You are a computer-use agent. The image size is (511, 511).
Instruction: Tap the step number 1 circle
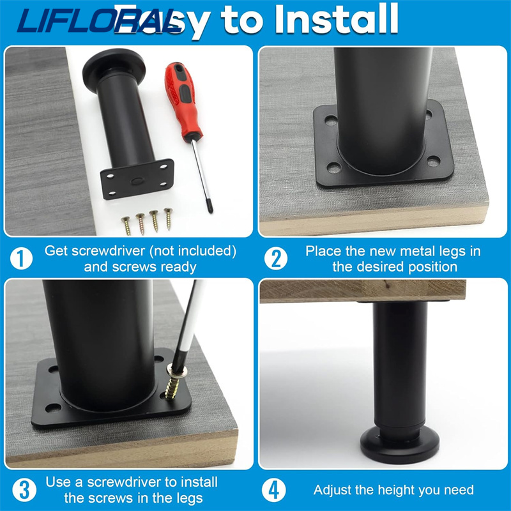[x=22, y=259]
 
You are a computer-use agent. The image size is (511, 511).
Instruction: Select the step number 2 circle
[x=276, y=259]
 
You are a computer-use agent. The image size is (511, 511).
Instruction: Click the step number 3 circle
[x=22, y=490]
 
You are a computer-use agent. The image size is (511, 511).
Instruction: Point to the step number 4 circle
[x=276, y=490]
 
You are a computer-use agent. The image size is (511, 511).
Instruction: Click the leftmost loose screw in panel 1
[x=126, y=225]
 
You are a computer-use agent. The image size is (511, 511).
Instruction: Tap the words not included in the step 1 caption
[x=203, y=250]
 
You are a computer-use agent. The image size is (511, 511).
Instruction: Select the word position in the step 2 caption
[x=434, y=266]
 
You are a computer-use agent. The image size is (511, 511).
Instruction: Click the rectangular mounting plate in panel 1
[x=138, y=179]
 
